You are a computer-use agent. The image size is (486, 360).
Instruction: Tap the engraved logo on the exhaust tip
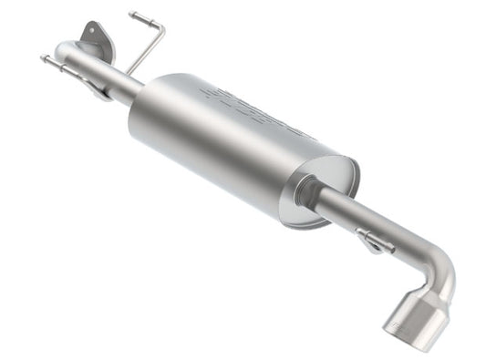398,321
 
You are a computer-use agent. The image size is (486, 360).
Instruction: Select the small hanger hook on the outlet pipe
373,242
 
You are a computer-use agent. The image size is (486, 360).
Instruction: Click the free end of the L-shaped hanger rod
132,15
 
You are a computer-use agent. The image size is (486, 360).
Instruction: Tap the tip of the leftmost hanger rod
43,59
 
